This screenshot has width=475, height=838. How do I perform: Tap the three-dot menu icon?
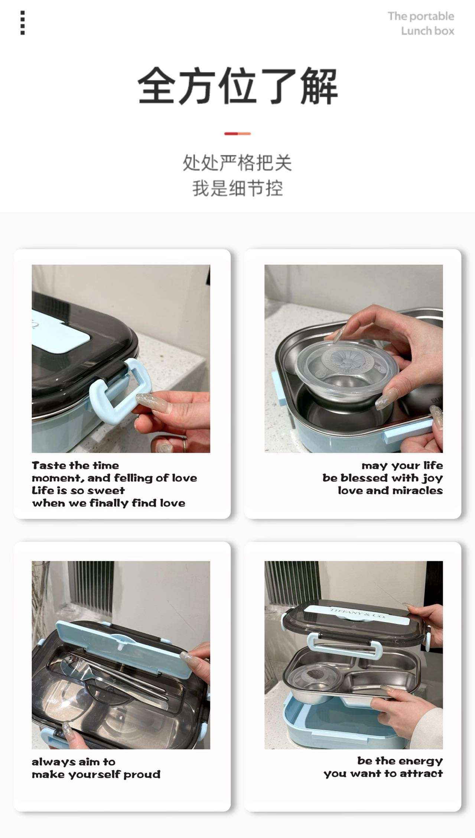23,23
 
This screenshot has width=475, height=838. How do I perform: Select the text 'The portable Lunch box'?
421,23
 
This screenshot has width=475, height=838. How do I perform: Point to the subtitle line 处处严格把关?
237,163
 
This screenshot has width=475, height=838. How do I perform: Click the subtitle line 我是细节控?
238,188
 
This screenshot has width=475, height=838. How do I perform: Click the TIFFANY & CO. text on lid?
358,613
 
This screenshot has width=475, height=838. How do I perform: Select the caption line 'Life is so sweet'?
78,491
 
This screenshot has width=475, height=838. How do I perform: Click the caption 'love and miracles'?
390,491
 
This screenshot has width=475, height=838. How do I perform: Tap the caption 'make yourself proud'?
96,775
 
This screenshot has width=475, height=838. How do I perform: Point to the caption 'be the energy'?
400,761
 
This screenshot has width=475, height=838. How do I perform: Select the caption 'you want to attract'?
383,774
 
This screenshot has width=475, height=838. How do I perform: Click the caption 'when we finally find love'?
108,503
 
